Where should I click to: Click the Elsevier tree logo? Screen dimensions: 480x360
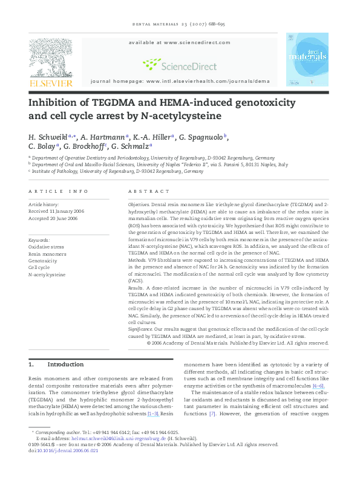pyautogui.click(x=51, y=57)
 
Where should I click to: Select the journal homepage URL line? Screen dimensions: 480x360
pyautogui.click(x=180, y=80)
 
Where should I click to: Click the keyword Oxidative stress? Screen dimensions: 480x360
pyautogui.click(x=46, y=247)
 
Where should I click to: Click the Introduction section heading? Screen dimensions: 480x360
pyautogui.click(x=65, y=365)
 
